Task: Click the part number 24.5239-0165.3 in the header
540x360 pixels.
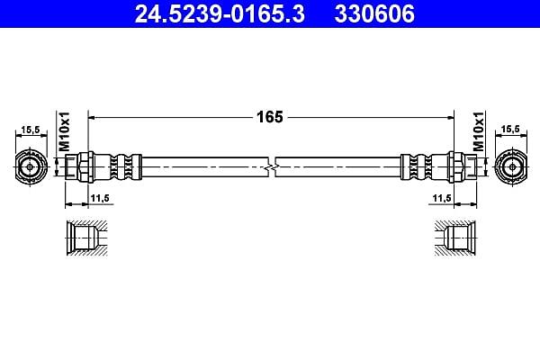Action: [x=220, y=13]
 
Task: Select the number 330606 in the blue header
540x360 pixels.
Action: [x=374, y=13]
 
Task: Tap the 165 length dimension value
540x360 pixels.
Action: [x=270, y=117]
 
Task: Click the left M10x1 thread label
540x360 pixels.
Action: [x=64, y=131]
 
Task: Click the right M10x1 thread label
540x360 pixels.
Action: [x=479, y=131]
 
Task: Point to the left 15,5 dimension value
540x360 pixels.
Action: [x=31, y=130]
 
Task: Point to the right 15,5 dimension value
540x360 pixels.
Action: [x=510, y=130]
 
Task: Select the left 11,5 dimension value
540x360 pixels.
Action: [x=100, y=198]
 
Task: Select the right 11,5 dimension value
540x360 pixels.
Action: [x=442, y=198]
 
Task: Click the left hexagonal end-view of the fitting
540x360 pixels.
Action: [x=30, y=166]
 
